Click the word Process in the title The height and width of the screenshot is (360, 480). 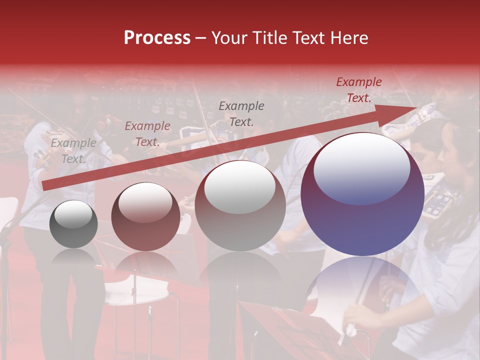157,38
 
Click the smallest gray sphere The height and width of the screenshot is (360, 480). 73,224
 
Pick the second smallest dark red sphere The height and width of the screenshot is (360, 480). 145,216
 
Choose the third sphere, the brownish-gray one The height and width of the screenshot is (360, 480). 240,206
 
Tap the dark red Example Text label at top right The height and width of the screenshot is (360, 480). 358,90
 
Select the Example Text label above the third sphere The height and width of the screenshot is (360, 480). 241,113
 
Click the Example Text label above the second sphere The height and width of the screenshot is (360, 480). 147,134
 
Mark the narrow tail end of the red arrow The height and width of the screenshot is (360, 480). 45,186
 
